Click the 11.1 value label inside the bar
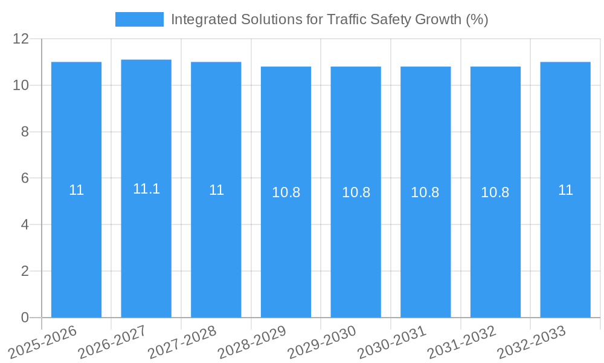[x=146, y=189]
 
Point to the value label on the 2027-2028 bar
[x=216, y=190]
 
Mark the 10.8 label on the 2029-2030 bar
[x=356, y=192]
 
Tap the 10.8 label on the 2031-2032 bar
[x=495, y=192]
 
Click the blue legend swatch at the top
[x=139, y=19]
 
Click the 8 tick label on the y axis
[x=25, y=132]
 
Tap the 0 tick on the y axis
[x=25, y=318]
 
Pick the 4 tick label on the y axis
[x=25, y=224]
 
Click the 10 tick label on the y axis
[x=21, y=85]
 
